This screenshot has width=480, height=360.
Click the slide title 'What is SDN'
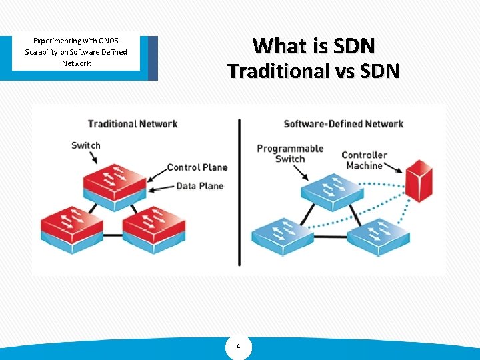(314, 46)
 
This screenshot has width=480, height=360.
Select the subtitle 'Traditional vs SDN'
(313, 71)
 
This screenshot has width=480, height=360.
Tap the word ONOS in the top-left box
(107, 41)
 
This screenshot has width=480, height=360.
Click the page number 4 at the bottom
(239, 347)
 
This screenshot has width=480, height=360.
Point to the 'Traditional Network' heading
(133, 123)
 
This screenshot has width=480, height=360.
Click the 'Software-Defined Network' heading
(343, 123)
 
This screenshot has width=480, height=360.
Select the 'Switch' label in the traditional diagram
(85, 145)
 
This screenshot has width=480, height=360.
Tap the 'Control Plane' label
(197, 167)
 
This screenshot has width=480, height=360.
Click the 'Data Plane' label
(199, 185)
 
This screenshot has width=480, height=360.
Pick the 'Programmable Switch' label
(289, 153)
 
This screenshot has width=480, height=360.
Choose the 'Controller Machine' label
(365, 160)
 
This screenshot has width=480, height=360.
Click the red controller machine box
(418, 180)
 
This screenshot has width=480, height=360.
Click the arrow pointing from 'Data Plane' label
(161, 189)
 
